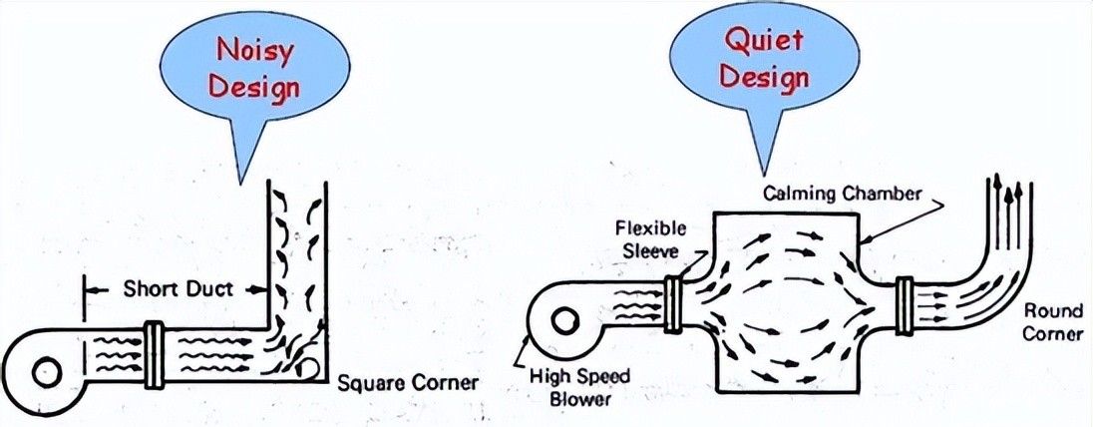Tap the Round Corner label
pos(1052,322)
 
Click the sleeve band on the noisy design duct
pos(154,354)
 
